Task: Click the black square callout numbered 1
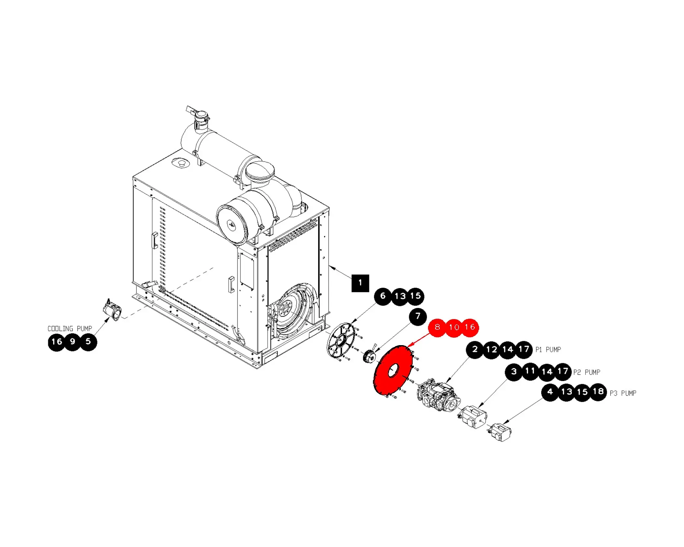(360, 283)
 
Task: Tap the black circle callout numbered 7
(418, 316)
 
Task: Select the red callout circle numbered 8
(437, 327)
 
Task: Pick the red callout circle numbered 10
(454, 328)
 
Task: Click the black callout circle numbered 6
(383, 296)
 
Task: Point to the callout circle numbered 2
(475, 350)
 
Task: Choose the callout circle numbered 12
(492, 350)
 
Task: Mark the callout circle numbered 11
(530, 371)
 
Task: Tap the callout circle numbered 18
(598, 392)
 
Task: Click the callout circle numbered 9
(73, 342)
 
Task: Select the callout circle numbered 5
(88, 342)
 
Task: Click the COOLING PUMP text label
(70, 329)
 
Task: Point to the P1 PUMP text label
(548, 350)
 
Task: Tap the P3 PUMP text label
(623, 393)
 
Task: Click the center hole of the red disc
(393, 371)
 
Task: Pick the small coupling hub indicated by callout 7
(369, 356)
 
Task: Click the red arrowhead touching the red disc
(410, 345)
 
